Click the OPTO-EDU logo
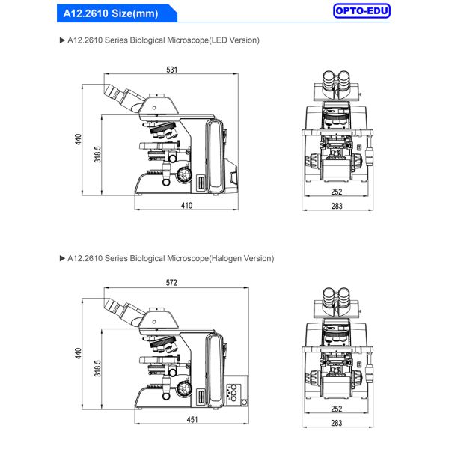pos(362,11)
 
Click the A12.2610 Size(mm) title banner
pos(105,12)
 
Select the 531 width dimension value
pos(171,70)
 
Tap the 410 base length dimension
pos(186,205)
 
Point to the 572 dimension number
pos(171,284)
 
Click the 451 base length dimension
pos(192,420)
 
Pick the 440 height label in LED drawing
pos(79,139)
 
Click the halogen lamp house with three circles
pos(234,393)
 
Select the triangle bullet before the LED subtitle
pos(61,40)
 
